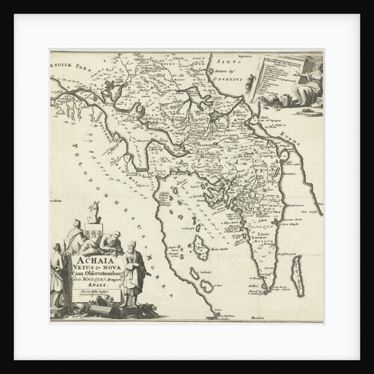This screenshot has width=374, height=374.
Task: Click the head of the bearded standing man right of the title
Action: (x=131, y=246)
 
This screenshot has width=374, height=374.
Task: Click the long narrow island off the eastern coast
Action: (x=297, y=275)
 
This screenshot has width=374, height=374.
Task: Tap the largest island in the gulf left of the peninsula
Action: (x=200, y=248)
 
